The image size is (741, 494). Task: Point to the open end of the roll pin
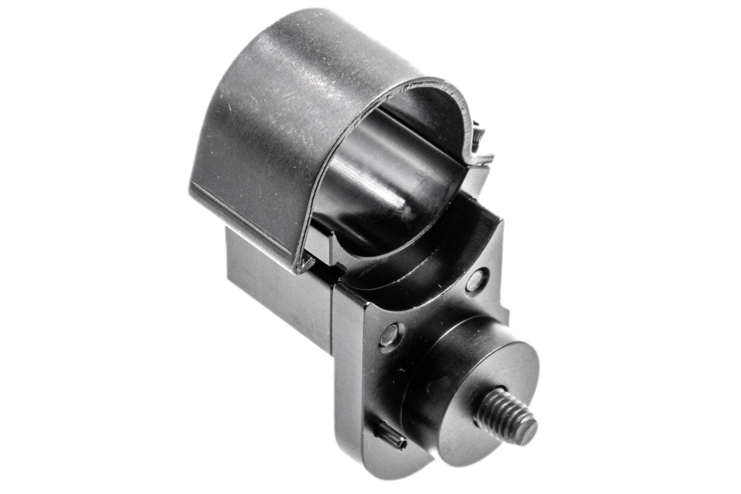pyautogui.click(x=402, y=444)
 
